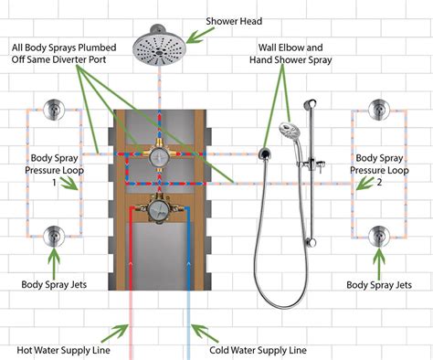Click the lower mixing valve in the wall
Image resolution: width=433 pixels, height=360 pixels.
coord(161,211)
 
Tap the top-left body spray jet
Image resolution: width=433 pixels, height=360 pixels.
coord(54,113)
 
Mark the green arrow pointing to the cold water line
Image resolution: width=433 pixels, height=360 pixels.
coord(199,333)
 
